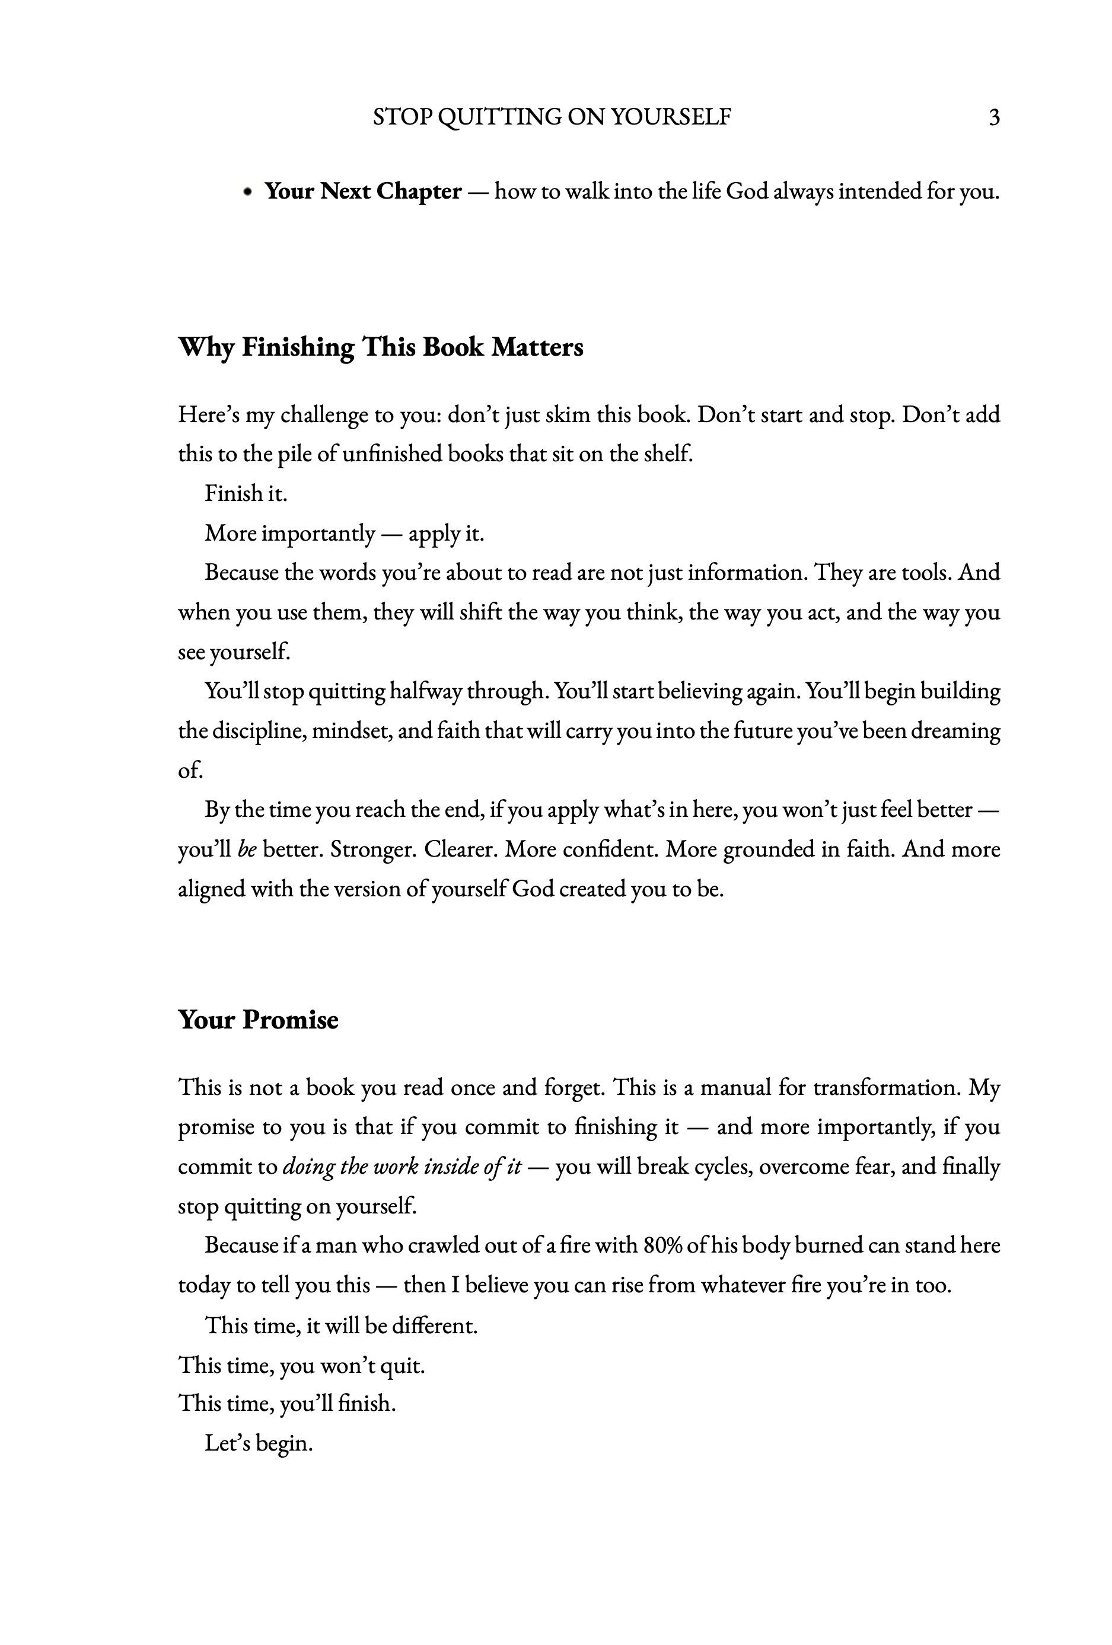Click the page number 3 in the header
pyautogui.click(x=994, y=117)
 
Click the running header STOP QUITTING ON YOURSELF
pyautogui.click(x=552, y=117)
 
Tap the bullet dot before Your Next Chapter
pyautogui.click(x=247, y=192)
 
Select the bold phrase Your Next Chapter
pyautogui.click(x=362, y=191)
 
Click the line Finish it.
pyautogui.click(x=246, y=493)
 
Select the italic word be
pyautogui.click(x=247, y=849)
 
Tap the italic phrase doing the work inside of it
pyautogui.click(x=402, y=1166)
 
